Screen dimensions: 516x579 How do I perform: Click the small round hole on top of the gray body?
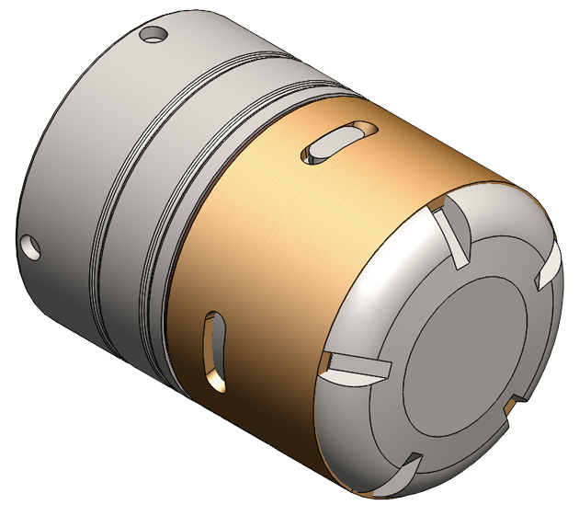pyautogui.click(x=153, y=37)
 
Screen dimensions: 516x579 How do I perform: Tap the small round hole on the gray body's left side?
pyautogui.click(x=30, y=245)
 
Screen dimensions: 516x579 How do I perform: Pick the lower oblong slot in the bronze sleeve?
pyautogui.click(x=214, y=348)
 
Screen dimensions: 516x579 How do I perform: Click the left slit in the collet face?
pyautogui.click(x=355, y=367)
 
